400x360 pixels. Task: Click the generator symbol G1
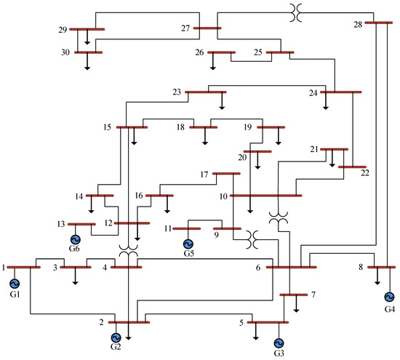click(14, 283)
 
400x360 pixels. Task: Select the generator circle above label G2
click(116, 337)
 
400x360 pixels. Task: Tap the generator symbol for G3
click(279, 343)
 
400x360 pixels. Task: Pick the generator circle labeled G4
click(388, 297)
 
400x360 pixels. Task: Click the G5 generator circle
click(188, 244)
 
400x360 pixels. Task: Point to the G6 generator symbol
click(75, 239)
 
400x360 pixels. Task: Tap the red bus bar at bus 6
click(291, 267)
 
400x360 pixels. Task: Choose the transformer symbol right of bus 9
click(252, 236)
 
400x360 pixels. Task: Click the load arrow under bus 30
click(87, 63)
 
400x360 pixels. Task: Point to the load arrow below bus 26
click(213, 63)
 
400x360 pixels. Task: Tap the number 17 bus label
click(205, 175)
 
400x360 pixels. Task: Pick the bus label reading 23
click(177, 92)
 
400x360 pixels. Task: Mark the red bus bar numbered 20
click(257, 151)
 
